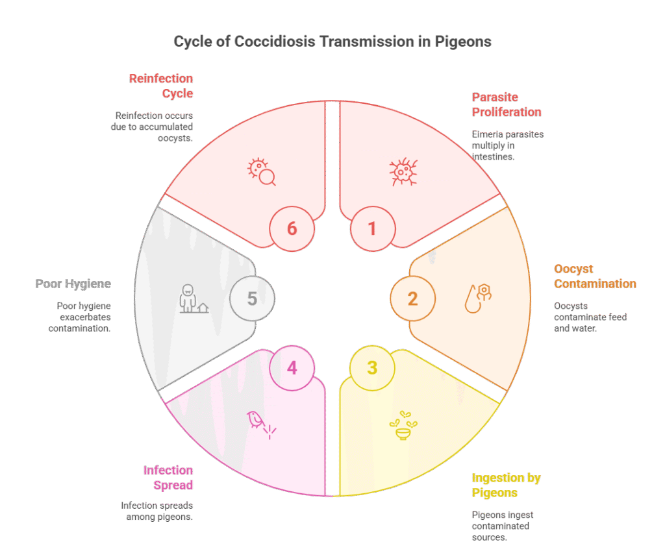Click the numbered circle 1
pyautogui.click(x=373, y=229)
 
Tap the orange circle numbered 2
pyautogui.click(x=412, y=299)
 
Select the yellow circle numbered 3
pyautogui.click(x=372, y=368)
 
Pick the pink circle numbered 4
pyautogui.click(x=292, y=368)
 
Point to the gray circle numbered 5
pyautogui.click(x=253, y=299)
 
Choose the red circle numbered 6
pyautogui.click(x=292, y=229)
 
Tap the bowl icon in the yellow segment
pyautogui.click(x=403, y=425)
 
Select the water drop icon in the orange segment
pyautogui.click(x=478, y=299)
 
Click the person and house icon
pyautogui.click(x=194, y=299)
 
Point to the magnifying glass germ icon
pyautogui.click(x=262, y=171)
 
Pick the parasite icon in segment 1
pyautogui.click(x=403, y=171)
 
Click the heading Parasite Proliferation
pyautogui.click(x=507, y=104)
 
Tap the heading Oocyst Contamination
pyautogui.click(x=595, y=276)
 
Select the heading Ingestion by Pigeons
pyautogui.click(x=506, y=485)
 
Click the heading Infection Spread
pyautogui.click(x=168, y=478)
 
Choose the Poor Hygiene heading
pyautogui.click(x=73, y=284)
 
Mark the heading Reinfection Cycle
pyautogui.click(x=161, y=86)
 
